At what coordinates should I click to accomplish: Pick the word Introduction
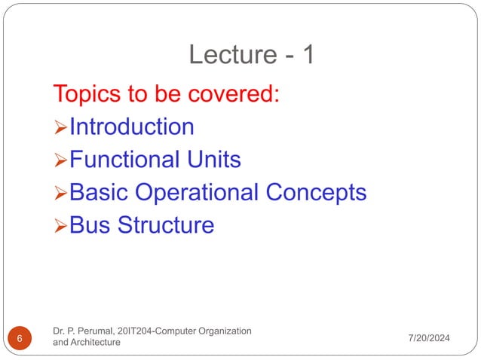[x=131, y=127]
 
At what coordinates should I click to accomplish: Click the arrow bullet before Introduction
[x=60, y=127]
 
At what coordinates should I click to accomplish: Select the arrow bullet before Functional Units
[x=60, y=160]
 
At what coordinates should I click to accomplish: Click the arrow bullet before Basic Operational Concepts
[x=60, y=194]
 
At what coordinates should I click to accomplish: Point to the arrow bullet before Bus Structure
[x=60, y=226]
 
